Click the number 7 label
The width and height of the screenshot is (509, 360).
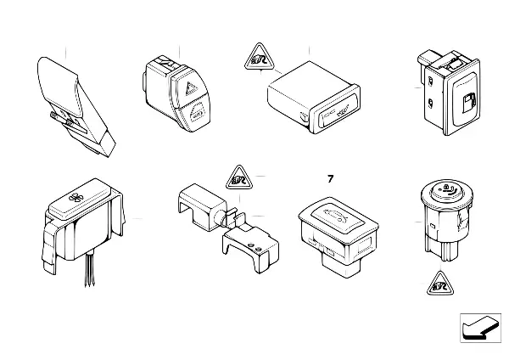(x=331, y=179)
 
